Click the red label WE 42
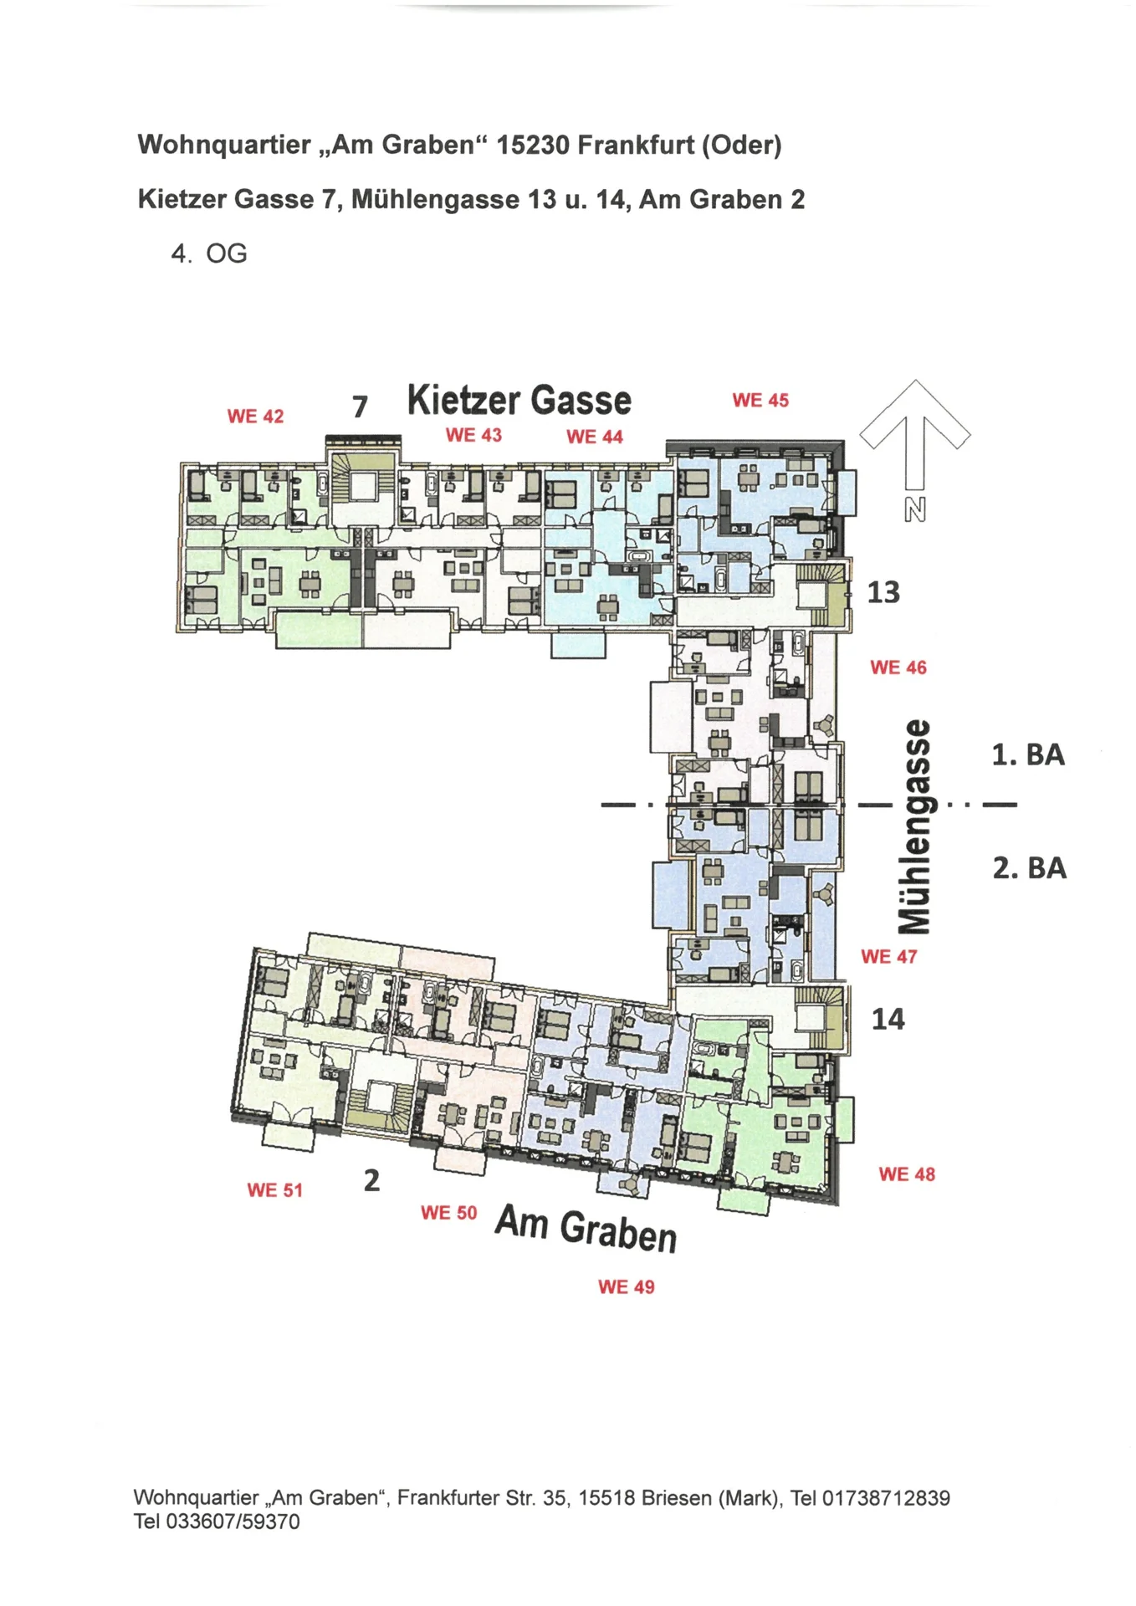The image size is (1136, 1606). pos(255,416)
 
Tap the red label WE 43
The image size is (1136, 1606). pos(473,434)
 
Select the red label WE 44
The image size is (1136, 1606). pos(595,436)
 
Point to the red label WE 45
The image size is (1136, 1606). pos(760,400)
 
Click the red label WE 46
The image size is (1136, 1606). pos(898,667)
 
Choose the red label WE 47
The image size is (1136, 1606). pos(889,956)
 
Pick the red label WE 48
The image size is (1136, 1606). pos(907,1174)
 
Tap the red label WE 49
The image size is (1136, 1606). pos(627,1286)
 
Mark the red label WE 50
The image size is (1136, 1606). pos(449,1212)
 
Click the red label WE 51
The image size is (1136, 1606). pos(275,1189)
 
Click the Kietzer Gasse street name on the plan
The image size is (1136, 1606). pos(519,400)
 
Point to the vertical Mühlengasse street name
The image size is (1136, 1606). pos(913,826)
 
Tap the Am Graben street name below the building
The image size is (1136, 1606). pos(586,1229)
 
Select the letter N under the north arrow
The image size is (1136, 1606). pos(915,509)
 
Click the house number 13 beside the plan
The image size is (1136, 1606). pos(883,592)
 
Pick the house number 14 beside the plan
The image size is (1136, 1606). pos(888,1019)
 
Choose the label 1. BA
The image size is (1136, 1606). pos(1028,754)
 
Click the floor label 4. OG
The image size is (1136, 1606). pos(209,253)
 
